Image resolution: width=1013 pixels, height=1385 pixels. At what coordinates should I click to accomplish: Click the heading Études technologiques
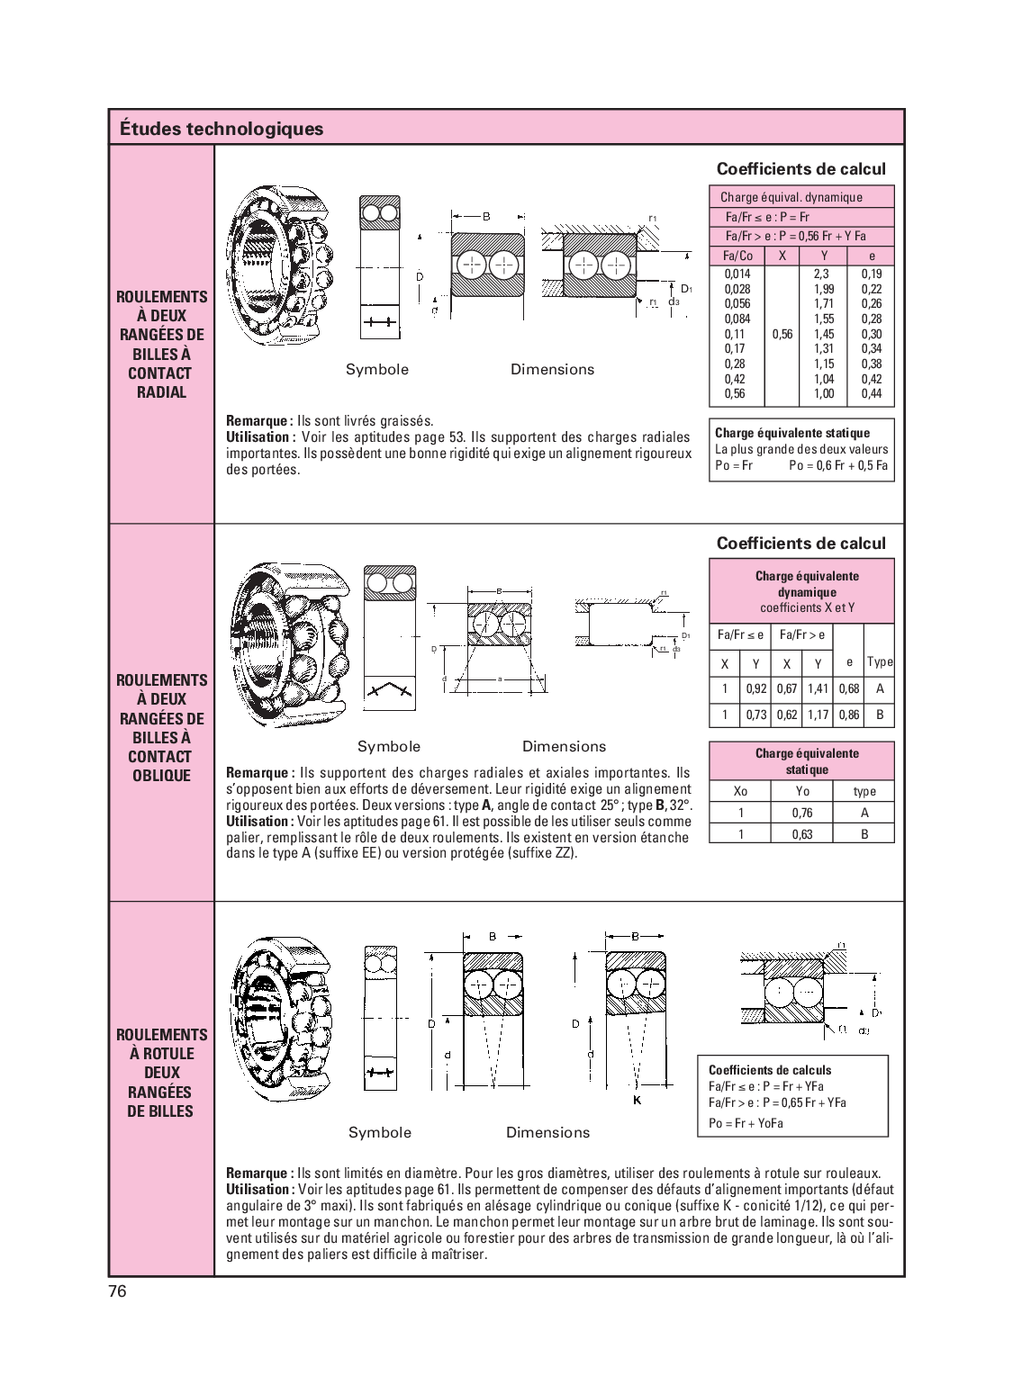click(x=221, y=129)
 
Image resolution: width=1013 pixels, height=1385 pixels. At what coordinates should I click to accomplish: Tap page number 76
click(x=118, y=1291)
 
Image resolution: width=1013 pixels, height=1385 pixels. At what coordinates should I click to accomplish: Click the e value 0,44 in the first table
click(x=871, y=394)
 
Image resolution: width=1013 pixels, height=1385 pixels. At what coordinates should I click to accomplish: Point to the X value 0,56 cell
click(x=782, y=334)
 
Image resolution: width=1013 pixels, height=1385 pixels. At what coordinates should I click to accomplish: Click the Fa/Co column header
click(x=737, y=256)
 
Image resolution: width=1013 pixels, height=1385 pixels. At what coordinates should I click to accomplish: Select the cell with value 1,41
click(x=818, y=689)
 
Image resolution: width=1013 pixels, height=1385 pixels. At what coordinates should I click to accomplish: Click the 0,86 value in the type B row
click(x=848, y=715)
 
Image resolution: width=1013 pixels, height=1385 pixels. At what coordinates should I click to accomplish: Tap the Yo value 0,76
click(x=801, y=813)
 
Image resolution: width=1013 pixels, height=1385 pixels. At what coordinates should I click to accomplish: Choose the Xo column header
click(x=740, y=791)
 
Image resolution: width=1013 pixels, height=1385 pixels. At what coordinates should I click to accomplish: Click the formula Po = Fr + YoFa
click(x=746, y=1123)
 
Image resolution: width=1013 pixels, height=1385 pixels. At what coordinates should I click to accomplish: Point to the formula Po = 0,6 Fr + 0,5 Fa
click(x=837, y=465)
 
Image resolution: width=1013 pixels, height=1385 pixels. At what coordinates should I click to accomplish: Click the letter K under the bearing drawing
click(x=636, y=1101)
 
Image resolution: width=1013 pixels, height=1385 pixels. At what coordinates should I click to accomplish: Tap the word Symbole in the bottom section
click(x=379, y=1132)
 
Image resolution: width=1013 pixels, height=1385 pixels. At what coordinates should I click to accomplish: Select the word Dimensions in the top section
click(x=552, y=369)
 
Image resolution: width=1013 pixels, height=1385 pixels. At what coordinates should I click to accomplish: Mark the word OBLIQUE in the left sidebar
click(x=161, y=776)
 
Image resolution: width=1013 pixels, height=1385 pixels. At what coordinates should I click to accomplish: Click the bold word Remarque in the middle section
click(x=258, y=773)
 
